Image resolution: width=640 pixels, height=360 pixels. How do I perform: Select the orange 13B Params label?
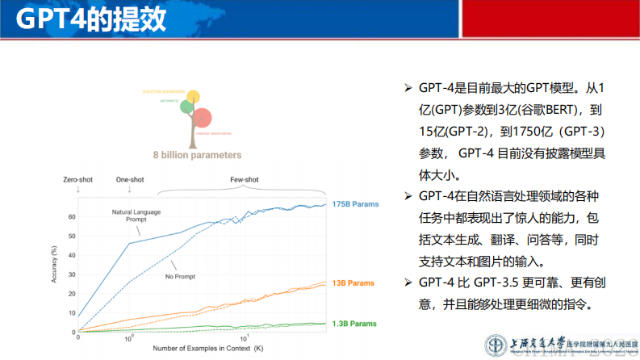click(352, 284)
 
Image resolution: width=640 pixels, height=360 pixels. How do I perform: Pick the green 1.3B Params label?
click(353, 323)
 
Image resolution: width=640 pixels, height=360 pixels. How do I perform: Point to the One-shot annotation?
click(129, 180)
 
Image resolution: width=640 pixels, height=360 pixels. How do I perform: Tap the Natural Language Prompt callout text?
click(137, 216)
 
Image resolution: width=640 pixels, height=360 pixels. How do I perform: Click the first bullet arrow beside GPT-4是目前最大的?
click(407, 87)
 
